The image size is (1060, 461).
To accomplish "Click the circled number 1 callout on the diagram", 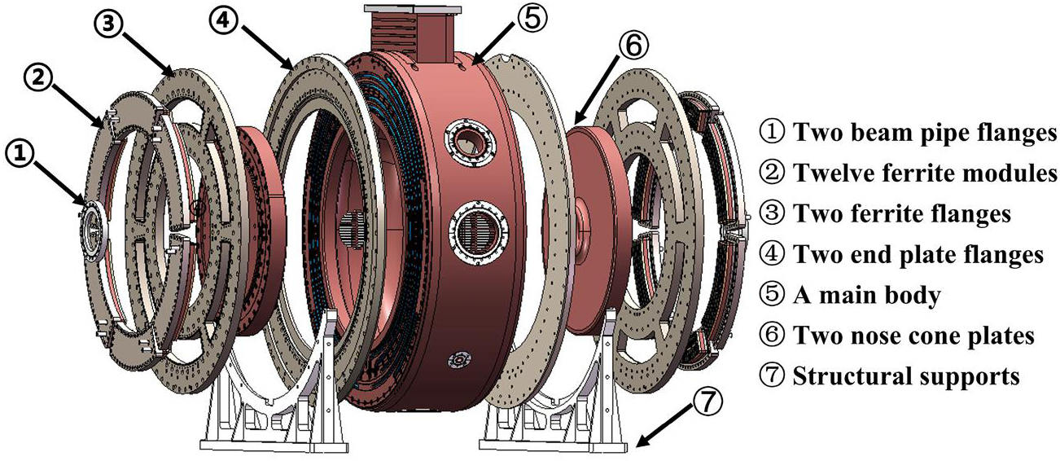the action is point(20,155).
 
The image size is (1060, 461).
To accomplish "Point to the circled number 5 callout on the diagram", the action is point(532,19).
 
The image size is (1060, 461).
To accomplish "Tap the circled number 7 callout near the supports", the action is point(708,402).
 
